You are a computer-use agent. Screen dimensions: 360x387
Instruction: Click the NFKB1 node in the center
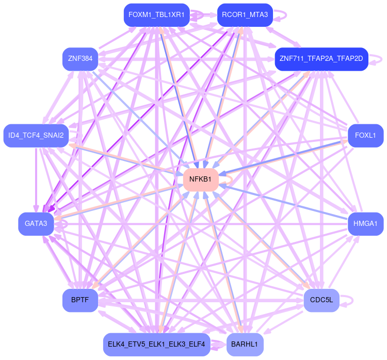(x=200, y=179)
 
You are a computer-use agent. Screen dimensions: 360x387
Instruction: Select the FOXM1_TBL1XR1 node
(x=156, y=15)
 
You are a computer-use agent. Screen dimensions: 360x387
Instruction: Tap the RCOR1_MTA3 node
(x=245, y=15)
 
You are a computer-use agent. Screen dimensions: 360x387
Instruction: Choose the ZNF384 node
(x=80, y=59)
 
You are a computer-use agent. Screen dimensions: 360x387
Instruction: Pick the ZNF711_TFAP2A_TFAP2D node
(x=321, y=59)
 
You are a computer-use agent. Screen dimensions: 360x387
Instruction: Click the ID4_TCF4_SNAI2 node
(x=36, y=136)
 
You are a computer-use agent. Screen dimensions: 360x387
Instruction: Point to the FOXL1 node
(x=365, y=136)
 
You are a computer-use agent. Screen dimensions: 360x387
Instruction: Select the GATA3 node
(x=36, y=224)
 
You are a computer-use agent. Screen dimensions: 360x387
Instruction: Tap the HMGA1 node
(x=365, y=224)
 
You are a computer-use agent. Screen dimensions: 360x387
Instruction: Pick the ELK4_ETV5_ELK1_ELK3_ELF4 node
(x=156, y=344)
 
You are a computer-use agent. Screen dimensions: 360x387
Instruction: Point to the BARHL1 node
(x=245, y=344)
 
